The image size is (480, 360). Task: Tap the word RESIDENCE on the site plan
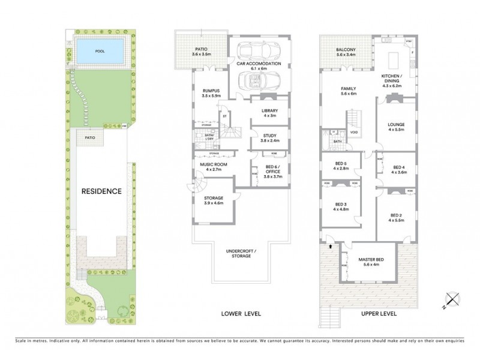(x=101, y=191)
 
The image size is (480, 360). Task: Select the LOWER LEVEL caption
(x=241, y=314)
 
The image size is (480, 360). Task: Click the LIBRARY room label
(x=271, y=112)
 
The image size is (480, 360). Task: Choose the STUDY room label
(x=270, y=137)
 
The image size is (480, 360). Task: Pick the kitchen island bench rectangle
(x=394, y=59)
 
